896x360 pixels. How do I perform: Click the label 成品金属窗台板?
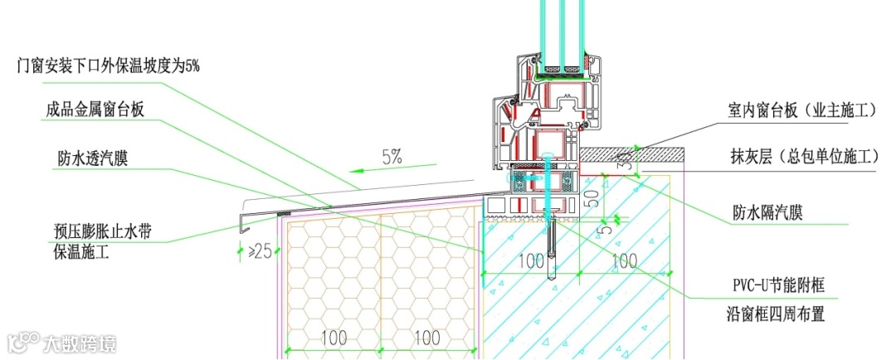[95, 109]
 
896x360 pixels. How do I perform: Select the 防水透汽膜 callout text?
[93, 158]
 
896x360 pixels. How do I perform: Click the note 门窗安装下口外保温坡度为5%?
[109, 67]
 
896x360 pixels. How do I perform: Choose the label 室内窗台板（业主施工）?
[802, 110]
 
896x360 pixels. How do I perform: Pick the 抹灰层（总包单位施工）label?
[804, 155]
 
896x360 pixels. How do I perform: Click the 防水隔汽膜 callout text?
[767, 214]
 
